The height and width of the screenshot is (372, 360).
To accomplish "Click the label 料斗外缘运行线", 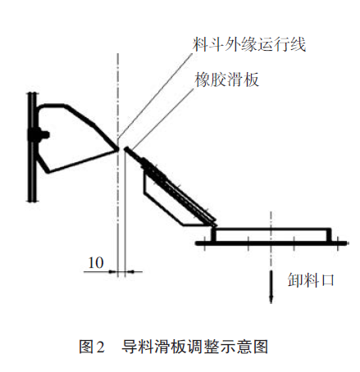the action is (x=249, y=44).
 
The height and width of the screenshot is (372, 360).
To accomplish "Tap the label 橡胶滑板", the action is (x=226, y=79).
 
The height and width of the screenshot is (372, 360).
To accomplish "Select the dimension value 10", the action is (x=96, y=262).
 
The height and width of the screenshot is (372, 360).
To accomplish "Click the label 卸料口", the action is (x=311, y=280).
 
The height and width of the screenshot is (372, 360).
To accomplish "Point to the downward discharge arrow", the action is (x=271, y=287).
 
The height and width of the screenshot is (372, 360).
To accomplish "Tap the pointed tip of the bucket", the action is (x=119, y=149).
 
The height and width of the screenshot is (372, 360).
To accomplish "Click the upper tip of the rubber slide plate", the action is (x=126, y=149).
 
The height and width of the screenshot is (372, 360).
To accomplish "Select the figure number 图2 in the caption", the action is (x=92, y=347).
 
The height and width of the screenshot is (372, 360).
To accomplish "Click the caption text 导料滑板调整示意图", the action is (x=194, y=347).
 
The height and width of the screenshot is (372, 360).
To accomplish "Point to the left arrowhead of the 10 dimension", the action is (x=112, y=271).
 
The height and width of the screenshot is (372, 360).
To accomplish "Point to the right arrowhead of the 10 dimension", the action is (x=130, y=271).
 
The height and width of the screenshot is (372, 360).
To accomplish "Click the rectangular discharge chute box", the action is (x=271, y=235).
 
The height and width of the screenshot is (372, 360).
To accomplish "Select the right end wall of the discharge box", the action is (x=329, y=235).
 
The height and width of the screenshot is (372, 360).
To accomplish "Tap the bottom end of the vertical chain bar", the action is (x=32, y=201).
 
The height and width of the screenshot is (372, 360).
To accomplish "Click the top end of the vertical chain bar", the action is (x=32, y=93).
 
